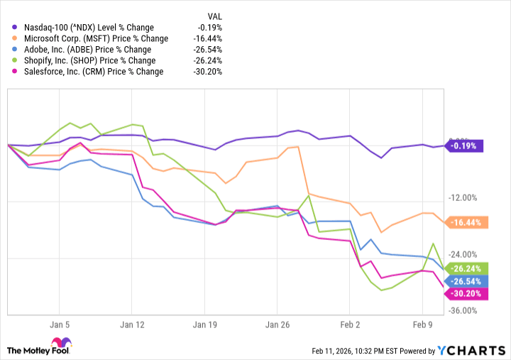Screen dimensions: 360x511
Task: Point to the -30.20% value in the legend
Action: point(207,71)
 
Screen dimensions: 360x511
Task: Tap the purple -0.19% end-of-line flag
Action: point(465,146)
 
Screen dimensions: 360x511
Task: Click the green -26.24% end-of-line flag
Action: point(465,268)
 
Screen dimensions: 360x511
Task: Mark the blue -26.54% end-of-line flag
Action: point(465,280)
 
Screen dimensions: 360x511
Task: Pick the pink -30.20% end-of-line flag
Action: point(465,293)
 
